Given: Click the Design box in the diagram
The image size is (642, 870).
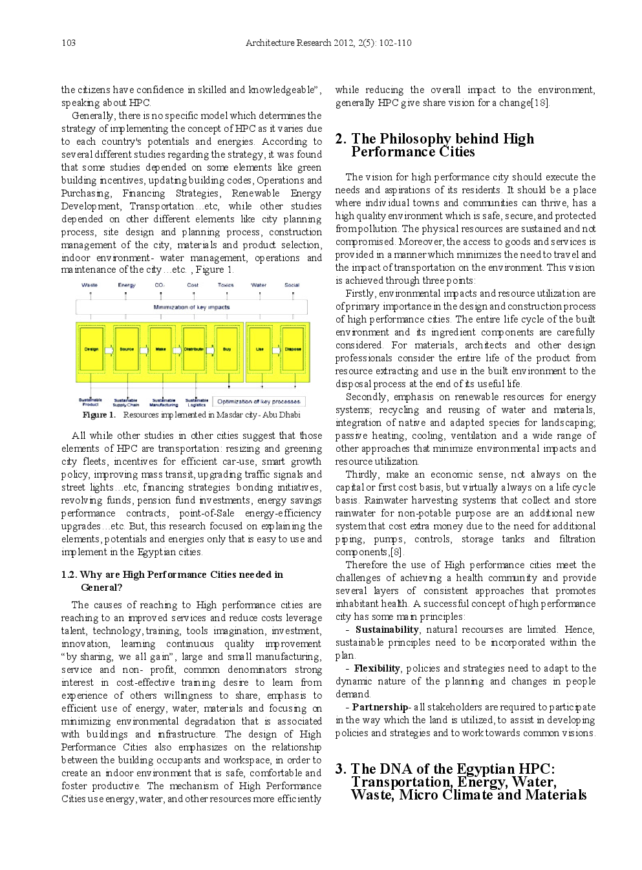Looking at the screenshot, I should point(91,350).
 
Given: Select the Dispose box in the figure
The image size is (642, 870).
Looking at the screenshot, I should point(293,350).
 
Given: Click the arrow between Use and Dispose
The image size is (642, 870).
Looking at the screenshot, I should point(276,350).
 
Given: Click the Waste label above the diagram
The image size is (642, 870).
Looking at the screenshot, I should point(90,285).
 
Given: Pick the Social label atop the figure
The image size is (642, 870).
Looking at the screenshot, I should point(292,285).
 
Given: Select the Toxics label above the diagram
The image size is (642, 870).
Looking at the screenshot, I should point(226,285).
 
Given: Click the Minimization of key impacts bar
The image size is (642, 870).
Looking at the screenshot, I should point(191,308).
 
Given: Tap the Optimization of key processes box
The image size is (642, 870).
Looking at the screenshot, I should point(259,401).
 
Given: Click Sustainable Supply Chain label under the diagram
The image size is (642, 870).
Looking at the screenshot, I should point(126,403).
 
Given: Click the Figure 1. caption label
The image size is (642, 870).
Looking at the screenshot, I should point(98,415).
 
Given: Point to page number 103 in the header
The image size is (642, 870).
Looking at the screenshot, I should point(69,43).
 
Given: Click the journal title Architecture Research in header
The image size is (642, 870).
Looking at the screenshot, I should point(288,43).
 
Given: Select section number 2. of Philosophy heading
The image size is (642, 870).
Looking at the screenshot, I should point(341,139).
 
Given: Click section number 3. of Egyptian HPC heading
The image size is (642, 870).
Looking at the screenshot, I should point(341,769).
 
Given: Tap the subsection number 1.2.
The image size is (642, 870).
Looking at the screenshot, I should point(69,575).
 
